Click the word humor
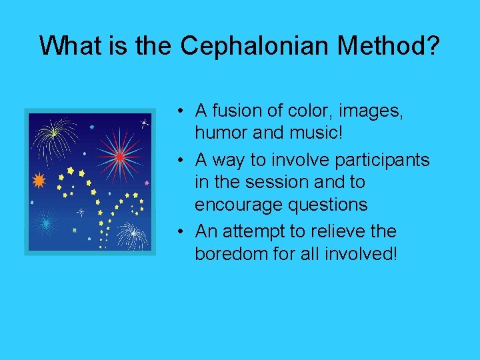tap(221, 133)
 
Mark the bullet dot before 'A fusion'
tap(181, 110)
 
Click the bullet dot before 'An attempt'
tap(181, 232)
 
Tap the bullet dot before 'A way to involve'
tap(181, 161)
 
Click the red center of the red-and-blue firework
tap(119, 157)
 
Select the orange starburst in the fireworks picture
tap(39, 180)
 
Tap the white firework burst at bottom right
tap(133, 233)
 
